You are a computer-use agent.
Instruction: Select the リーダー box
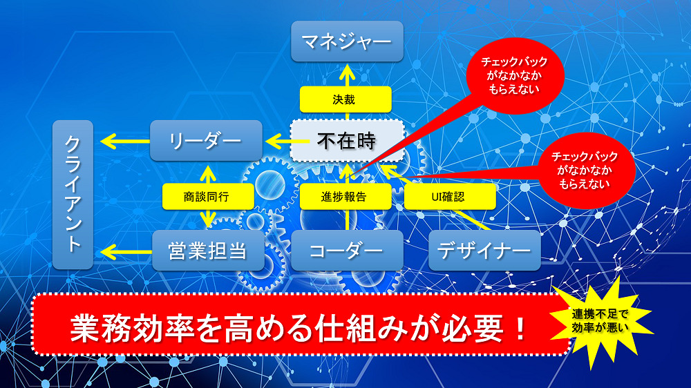click(x=206, y=141)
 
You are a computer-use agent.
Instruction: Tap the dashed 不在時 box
click(x=346, y=141)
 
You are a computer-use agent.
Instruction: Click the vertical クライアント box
click(x=73, y=195)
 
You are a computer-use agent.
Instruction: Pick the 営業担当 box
click(x=208, y=251)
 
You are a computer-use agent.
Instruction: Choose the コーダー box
click(x=346, y=251)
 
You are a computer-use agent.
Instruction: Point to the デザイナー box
click(x=484, y=251)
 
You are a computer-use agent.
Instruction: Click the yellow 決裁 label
click(x=345, y=99)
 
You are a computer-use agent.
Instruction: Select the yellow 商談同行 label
click(x=206, y=196)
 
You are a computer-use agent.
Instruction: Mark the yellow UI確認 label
click(x=450, y=196)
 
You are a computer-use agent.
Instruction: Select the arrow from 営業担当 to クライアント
click(x=124, y=251)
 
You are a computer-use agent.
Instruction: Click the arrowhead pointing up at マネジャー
click(x=346, y=70)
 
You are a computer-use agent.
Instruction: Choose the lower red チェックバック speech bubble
click(x=585, y=170)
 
